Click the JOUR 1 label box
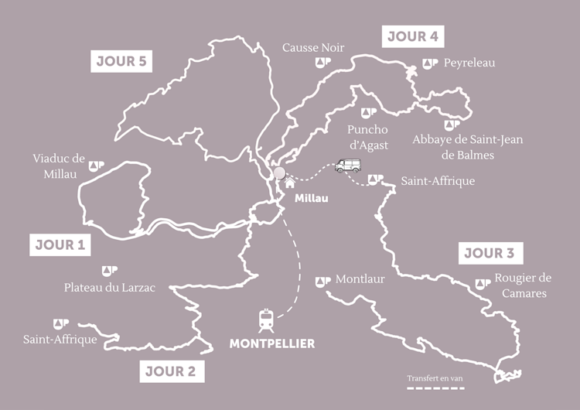click(x=60, y=245)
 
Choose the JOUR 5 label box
click(x=121, y=61)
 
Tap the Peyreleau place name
click(x=469, y=63)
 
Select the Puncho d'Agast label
click(x=367, y=136)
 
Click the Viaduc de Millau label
click(x=58, y=166)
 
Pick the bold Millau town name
click(x=312, y=199)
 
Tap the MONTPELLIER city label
click(x=272, y=343)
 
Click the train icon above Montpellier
click(x=265, y=319)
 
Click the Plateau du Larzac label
click(x=109, y=288)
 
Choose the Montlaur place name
click(x=360, y=280)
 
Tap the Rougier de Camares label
click(x=522, y=285)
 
